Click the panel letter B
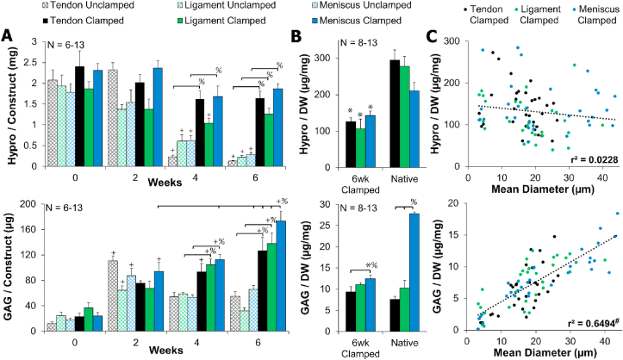296,37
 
